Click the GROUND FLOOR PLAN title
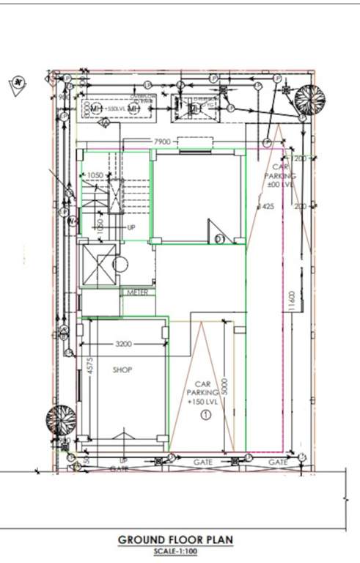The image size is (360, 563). [x=176, y=540]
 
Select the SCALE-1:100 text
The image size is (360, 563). [x=176, y=551]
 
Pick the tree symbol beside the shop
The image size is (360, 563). [x=61, y=419]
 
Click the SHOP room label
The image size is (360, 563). [x=122, y=370]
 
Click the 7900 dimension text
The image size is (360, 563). [x=162, y=141]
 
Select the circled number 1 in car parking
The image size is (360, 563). [x=205, y=415]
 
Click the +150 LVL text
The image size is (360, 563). [x=203, y=402]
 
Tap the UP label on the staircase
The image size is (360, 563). [x=131, y=227]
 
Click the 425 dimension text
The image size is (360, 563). [x=268, y=207]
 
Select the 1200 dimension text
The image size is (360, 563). [x=301, y=158]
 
